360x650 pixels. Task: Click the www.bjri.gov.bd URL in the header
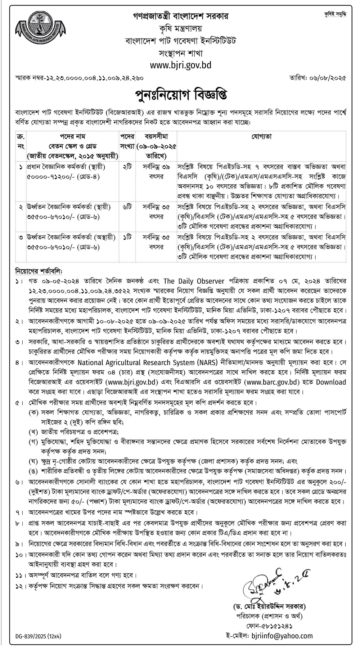coord(180,65)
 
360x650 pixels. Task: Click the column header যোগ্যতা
coord(261,137)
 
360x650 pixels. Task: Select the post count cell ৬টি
coord(127,207)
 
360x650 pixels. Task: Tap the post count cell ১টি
coord(127,238)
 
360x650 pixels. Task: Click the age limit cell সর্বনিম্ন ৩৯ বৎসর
coord(156,172)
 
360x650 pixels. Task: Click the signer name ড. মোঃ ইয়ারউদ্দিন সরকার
coord(269,606)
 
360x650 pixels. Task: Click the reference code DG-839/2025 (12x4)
coord(38,636)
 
